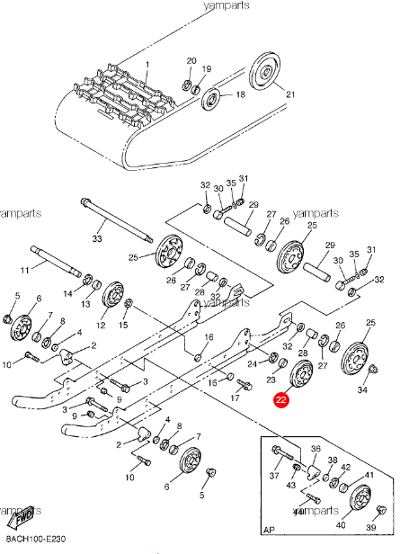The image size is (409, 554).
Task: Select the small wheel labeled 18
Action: [x=211, y=96]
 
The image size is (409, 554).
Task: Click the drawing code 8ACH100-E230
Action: [x=35, y=537]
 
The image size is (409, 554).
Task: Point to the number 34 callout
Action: [x=362, y=390]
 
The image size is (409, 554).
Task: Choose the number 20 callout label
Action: [x=191, y=60]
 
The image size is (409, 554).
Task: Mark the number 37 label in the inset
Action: [x=274, y=476]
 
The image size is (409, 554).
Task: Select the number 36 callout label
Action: [x=315, y=450]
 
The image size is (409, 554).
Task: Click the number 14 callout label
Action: [x=67, y=293]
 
